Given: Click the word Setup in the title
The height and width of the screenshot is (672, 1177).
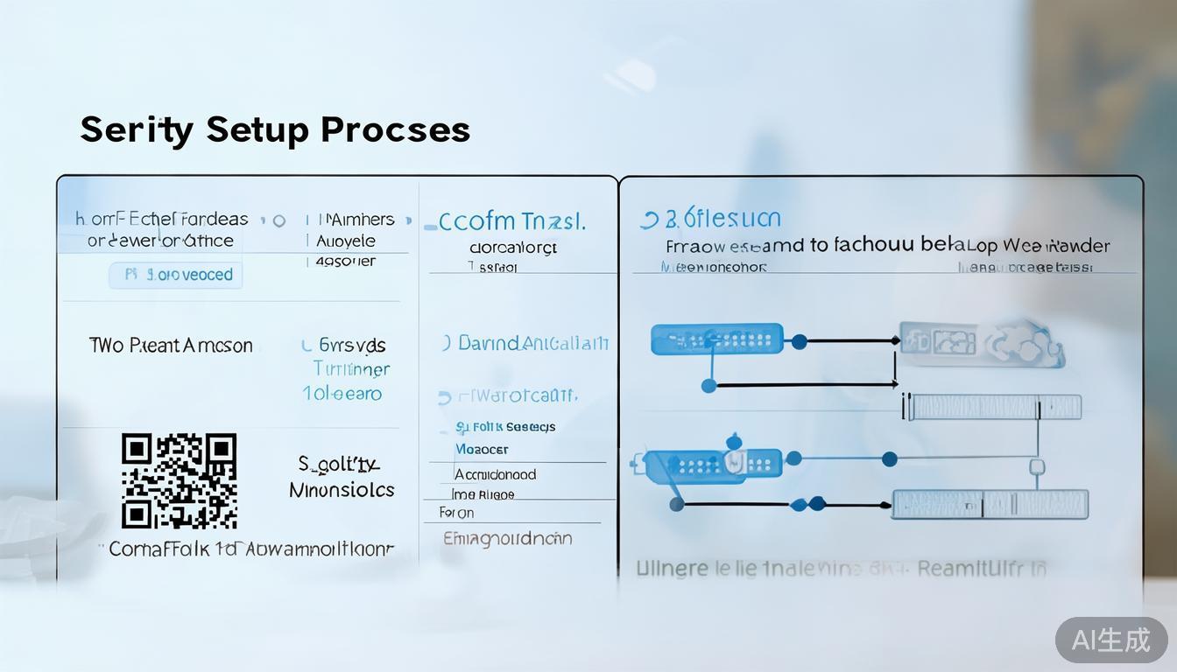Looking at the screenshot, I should click(x=257, y=129).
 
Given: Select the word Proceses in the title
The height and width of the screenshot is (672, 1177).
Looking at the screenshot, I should click(x=395, y=129).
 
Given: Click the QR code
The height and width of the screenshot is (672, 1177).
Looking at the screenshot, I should click(x=179, y=480).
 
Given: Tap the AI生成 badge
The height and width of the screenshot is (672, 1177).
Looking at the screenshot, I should click(x=1111, y=640).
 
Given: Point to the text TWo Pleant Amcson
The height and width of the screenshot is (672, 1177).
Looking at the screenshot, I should click(x=171, y=346).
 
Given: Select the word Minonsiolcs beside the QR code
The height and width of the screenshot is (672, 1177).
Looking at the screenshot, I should click(x=342, y=490).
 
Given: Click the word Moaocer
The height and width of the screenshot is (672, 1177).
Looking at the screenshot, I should click(x=482, y=449).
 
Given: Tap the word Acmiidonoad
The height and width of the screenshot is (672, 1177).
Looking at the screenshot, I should click(x=495, y=474).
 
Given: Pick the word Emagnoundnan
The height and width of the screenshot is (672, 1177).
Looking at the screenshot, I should click(x=507, y=538).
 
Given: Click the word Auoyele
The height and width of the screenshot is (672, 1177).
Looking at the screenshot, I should click(x=346, y=241).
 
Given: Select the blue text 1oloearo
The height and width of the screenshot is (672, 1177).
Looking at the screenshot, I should click(x=342, y=394).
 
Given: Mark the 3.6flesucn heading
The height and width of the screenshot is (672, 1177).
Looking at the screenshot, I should click(x=711, y=219).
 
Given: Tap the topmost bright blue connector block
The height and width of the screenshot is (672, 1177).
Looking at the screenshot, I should click(x=716, y=339).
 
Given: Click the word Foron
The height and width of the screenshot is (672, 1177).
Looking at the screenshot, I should click(x=456, y=513).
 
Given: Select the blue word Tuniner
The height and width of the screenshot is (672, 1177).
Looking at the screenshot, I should click(x=351, y=369).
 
